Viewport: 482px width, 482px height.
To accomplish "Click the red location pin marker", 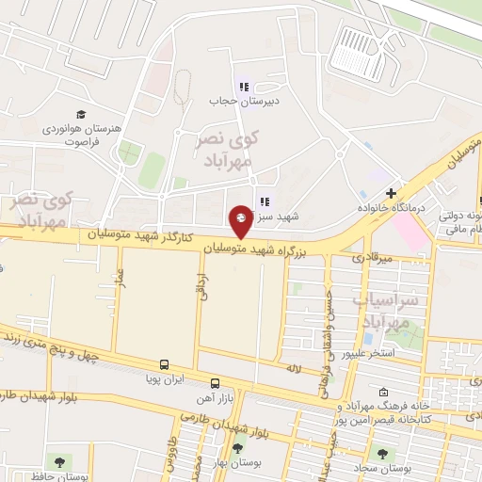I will pyautogui.click(x=240, y=222).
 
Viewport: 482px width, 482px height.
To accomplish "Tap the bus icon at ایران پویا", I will pyautogui.click(x=165, y=364).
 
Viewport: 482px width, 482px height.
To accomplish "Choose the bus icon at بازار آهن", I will pyautogui.click(x=216, y=383).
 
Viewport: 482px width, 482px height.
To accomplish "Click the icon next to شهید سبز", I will pyautogui.click(x=263, y=201).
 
